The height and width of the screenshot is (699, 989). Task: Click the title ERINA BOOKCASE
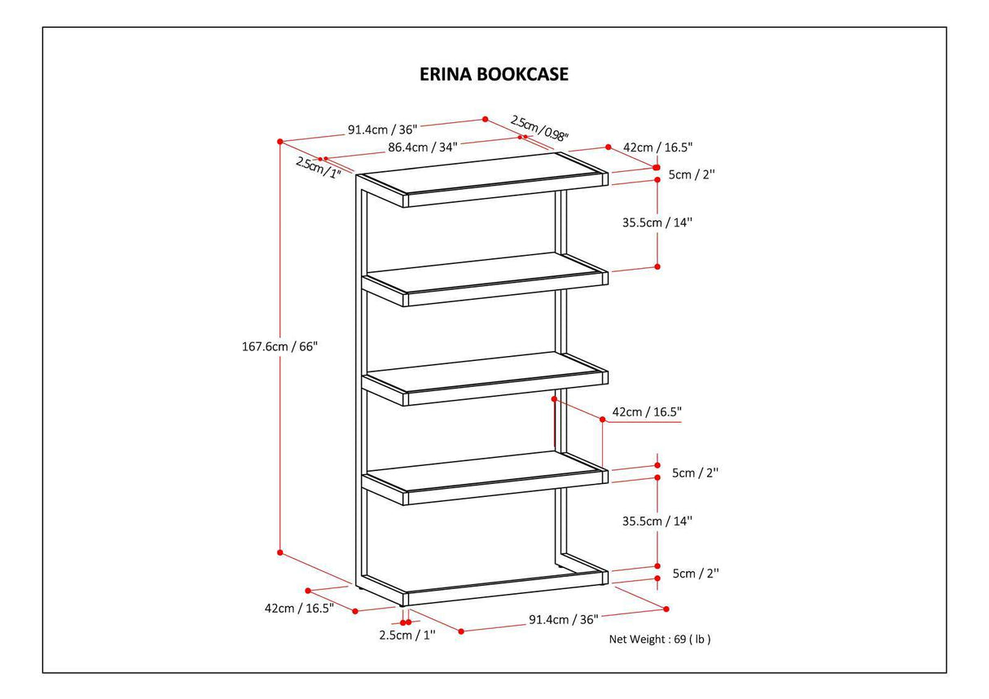(x=494, y=74)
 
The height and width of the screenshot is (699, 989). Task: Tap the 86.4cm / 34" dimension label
(x=422, y=147)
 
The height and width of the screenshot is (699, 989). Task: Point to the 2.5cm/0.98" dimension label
(x=539, y=127)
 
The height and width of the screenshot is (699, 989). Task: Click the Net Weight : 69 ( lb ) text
(x=660, y=640)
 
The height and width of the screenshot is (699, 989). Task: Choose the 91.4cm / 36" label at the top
(x=382, y=129)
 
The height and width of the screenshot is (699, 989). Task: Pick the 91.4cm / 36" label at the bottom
(x=563, y=620)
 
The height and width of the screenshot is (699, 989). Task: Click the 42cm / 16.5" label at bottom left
(x=299, y=609)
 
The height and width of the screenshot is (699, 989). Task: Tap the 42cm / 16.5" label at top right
(x=657, y=147)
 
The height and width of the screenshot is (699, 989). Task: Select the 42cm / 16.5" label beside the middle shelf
(x=646, y=412)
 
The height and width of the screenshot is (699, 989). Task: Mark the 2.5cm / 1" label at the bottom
(x=407, y=635)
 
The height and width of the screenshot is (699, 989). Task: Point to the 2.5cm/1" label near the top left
(x=318, y=167)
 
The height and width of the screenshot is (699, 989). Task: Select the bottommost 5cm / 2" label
(x=695, y=574)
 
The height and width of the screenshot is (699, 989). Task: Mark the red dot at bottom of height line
(x=279, y=552)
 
